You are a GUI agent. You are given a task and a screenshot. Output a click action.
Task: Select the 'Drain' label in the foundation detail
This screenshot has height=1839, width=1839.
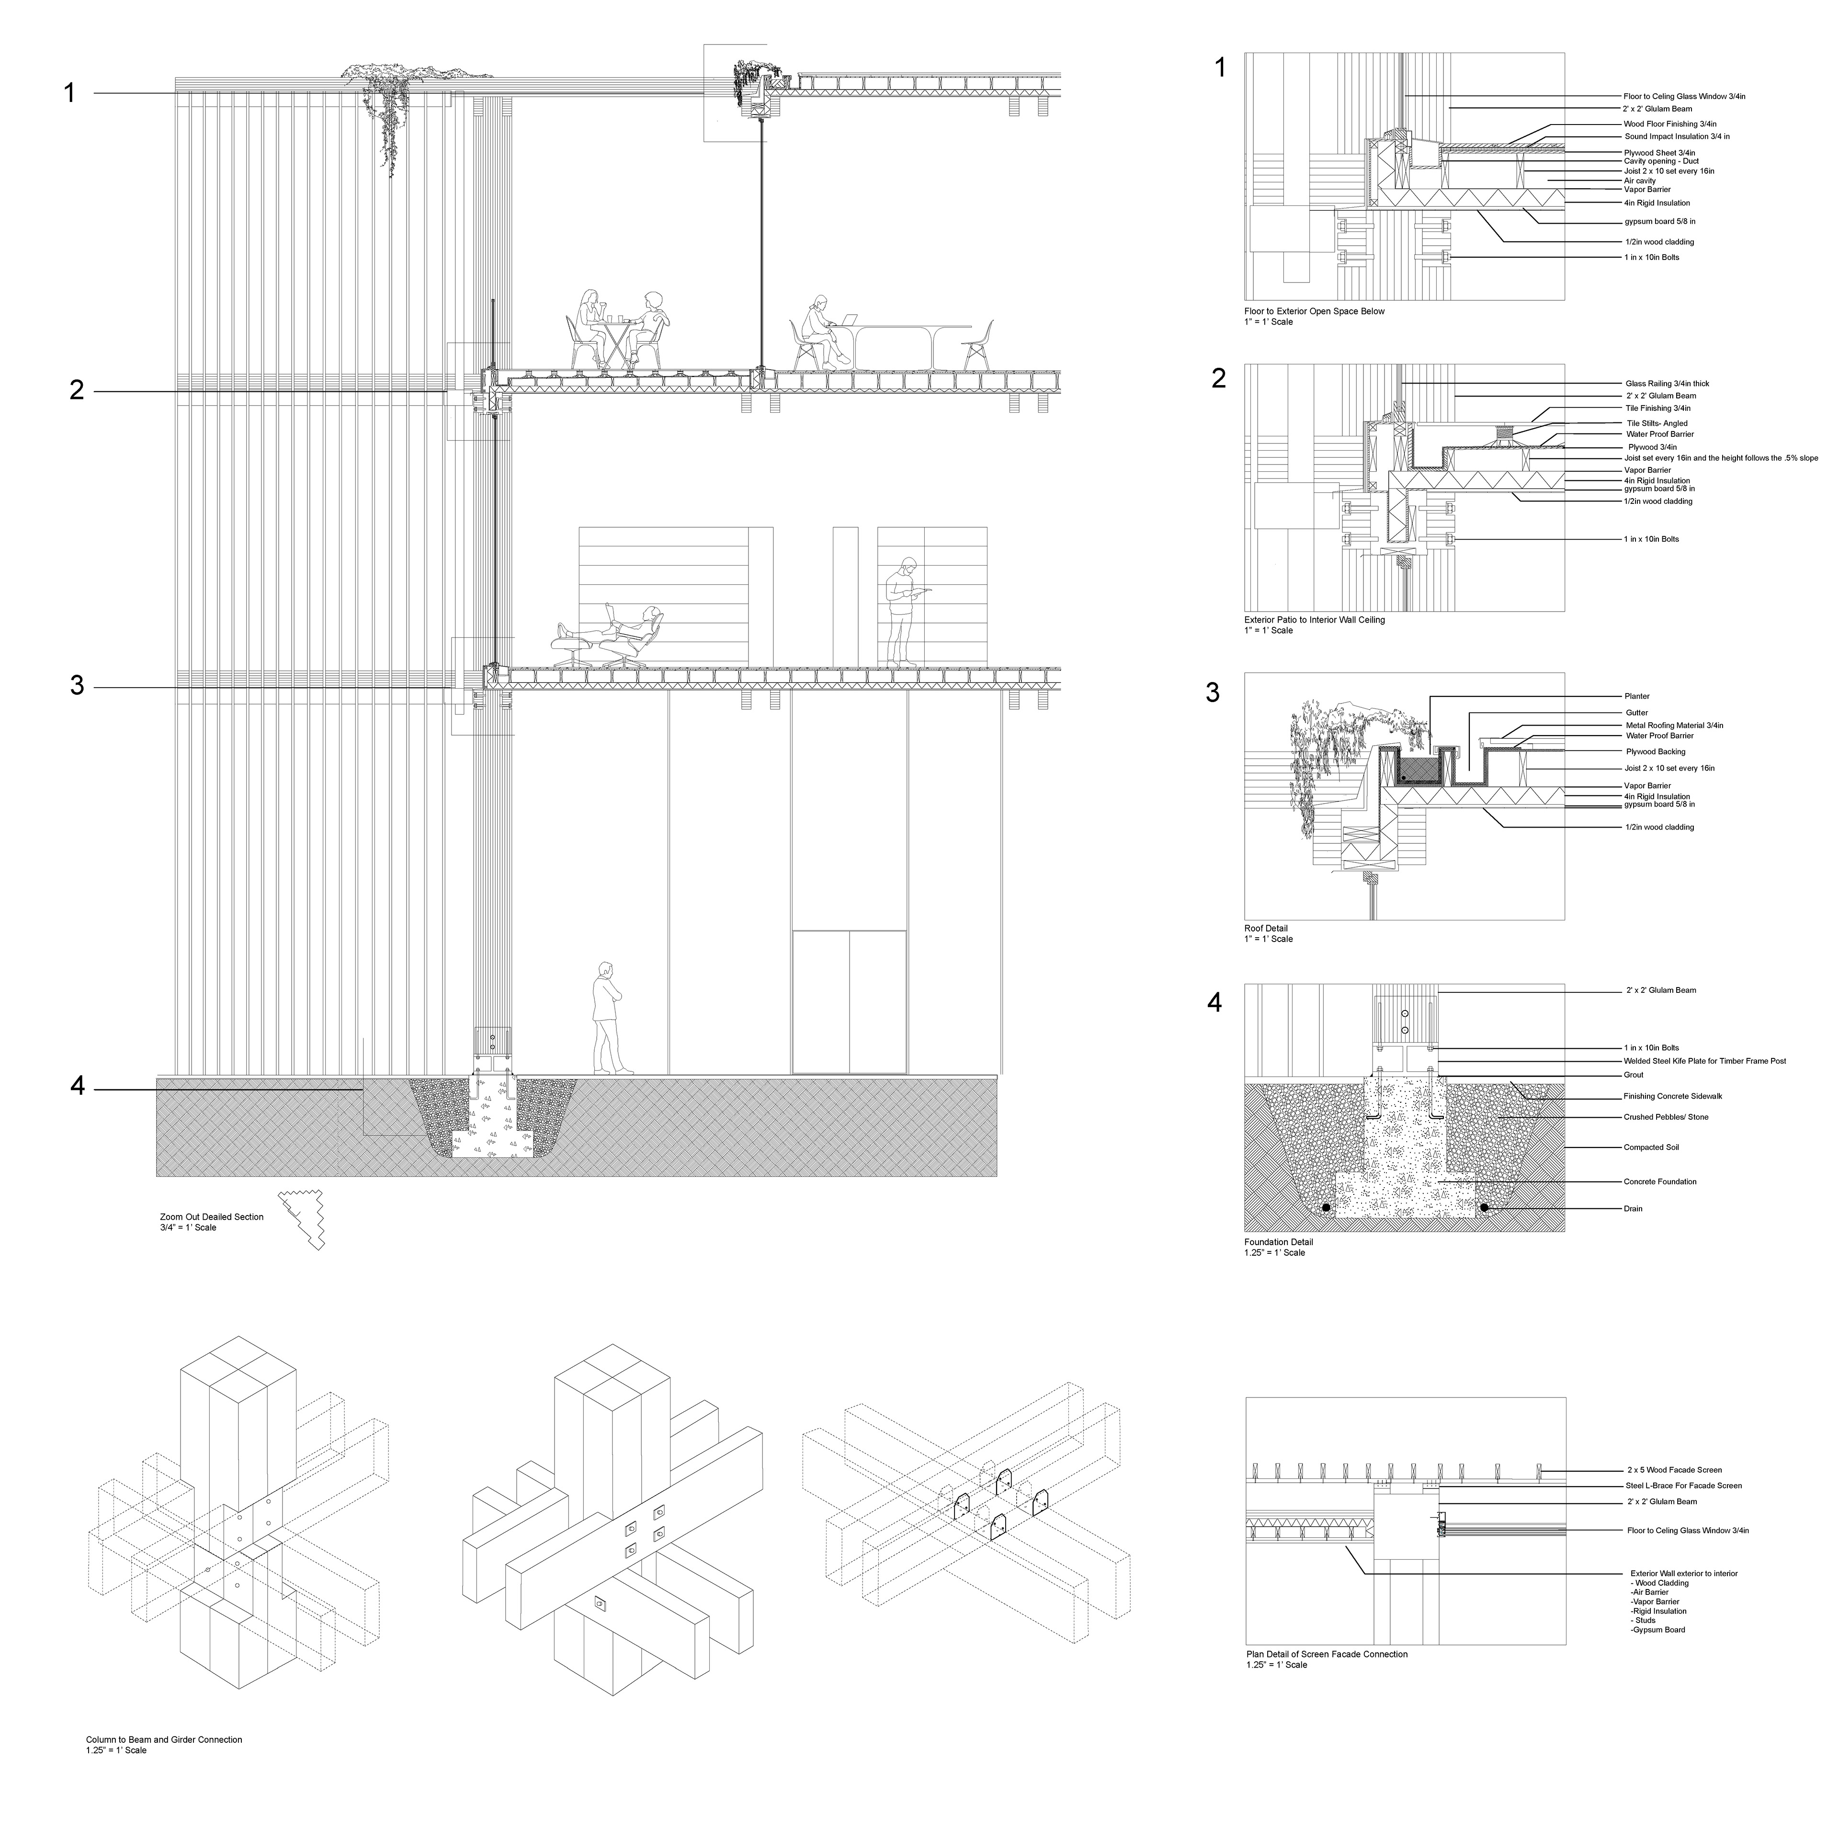[1634, 1209]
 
